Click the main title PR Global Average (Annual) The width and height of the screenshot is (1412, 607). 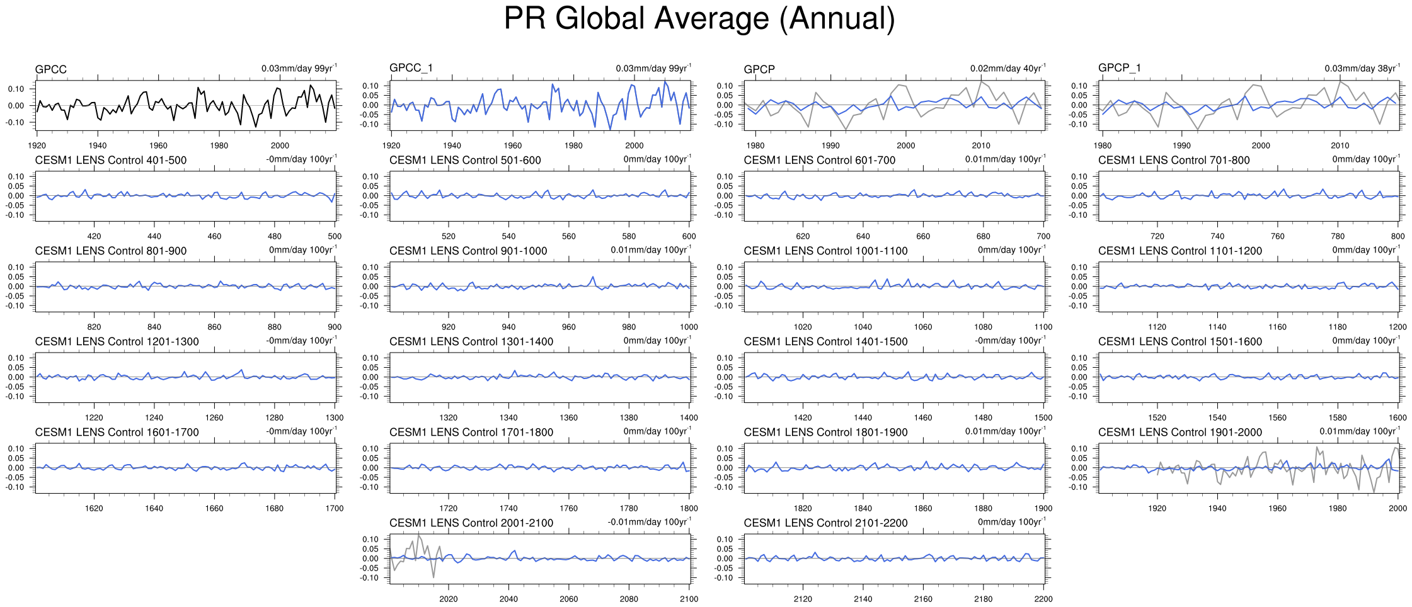tap(699, 19)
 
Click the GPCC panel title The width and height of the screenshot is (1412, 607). tap(50, 69)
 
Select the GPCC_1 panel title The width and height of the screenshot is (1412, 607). tap(411, 68)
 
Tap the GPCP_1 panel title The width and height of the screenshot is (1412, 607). tap(1120, 68)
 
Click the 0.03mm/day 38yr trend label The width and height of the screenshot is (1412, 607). tap(1362, 68)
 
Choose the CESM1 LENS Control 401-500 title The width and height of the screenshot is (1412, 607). tap(111, 160)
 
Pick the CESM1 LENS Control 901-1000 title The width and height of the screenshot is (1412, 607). tap(468, 251)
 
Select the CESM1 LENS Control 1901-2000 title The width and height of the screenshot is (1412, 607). tap(1180, 432)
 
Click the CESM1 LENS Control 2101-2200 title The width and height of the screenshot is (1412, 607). tap(825, 523)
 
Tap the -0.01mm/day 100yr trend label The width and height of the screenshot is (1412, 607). tap(649, 522)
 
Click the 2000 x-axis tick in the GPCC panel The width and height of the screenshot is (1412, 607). tap(280, 145)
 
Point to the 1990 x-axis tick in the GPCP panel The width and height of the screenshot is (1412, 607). tap(830, 145)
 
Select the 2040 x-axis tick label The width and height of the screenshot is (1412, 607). tap(508, 599)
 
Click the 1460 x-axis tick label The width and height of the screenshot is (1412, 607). tap(923, 417)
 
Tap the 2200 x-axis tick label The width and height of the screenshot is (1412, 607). tap(1043, 599)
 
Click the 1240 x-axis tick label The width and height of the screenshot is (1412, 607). tap(154, 417)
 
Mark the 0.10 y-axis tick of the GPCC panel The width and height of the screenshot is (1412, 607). tap(16, 89)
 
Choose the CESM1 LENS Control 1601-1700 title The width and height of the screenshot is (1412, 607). tap(117, 432)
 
